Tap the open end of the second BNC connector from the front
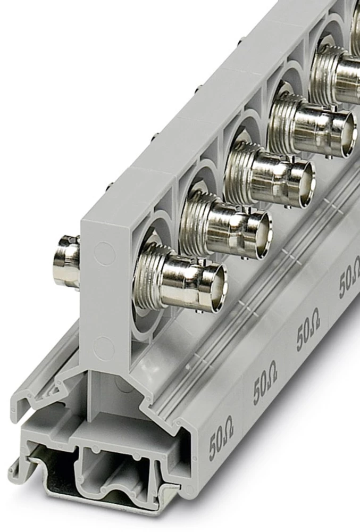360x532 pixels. [x=261, y=234]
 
